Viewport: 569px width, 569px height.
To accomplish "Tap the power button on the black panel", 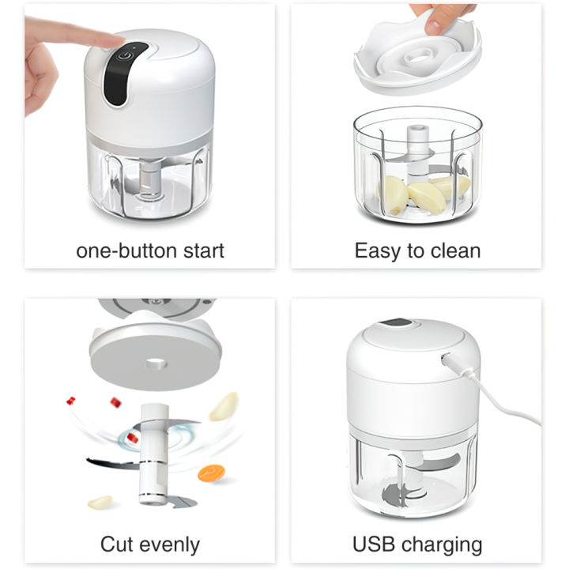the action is [x=125, y=56].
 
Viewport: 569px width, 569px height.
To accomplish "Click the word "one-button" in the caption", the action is [x=127, y=251].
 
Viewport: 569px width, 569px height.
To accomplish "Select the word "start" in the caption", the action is [x=204, y=251].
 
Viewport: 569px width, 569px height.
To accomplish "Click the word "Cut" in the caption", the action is [x=116, y=545].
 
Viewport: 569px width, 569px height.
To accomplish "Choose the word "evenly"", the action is [x=169, y=545].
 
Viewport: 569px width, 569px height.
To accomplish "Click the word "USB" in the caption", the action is [x=373, y=545].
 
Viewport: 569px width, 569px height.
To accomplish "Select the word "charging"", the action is [x=442, y=545].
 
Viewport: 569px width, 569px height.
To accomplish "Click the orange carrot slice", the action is [x=211, y=473].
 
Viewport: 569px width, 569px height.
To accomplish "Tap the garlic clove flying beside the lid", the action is [x=224, y=406].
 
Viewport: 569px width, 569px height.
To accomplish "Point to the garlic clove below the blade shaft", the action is [x=100, y=503].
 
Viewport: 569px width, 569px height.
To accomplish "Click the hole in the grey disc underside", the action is [x=156, y=363].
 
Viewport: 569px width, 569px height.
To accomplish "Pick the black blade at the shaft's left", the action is [x=112, y=462].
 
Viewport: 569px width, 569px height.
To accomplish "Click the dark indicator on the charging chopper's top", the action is [x=396, y=322].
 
